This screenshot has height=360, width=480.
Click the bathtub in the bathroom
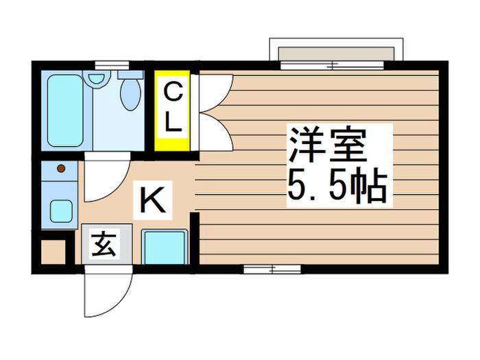click(x=65, y=110)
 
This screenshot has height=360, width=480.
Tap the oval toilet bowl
click(x=128, y=95)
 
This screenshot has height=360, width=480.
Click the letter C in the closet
click(x=173, y=91)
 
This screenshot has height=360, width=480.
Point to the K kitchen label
click(x=152, y=200)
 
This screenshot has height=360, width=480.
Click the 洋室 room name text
click(x=327, y=146)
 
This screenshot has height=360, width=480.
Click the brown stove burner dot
click(x=60, y=168)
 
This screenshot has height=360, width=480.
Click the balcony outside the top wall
click(x=333, y=53)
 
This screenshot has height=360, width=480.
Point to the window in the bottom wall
click(x=272, y=269)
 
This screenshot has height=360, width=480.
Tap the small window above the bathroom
click(x=112, y=66)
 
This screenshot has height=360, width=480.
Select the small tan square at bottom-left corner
click(x=53, y=252)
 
